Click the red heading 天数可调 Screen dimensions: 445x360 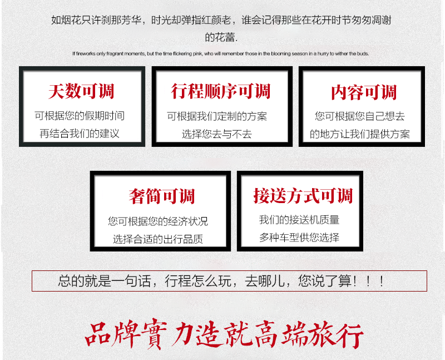click(81, 91)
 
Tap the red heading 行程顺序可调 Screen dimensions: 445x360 click(220, 91)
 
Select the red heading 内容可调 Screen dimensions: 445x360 click(364, 92)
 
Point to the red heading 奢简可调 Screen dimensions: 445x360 click(162, 196)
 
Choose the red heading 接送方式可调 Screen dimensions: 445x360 click(303, 196)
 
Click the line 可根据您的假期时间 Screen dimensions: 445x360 click(80, 116)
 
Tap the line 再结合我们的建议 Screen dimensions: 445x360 click(80, 134)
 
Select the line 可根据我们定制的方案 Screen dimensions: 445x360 click(217, 116)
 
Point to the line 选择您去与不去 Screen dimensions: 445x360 click(217, 134)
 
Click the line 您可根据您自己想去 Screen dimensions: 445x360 click(359, 116)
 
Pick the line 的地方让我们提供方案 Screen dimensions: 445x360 click(359, 134)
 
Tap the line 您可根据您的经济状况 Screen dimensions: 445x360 click(158, 221)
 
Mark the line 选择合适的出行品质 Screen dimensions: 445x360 click(158, 239)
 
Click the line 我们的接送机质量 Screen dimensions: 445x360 click(299, 220)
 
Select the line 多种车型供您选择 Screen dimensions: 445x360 click(299, 238)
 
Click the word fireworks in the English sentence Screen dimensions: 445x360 click(86, 53)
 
